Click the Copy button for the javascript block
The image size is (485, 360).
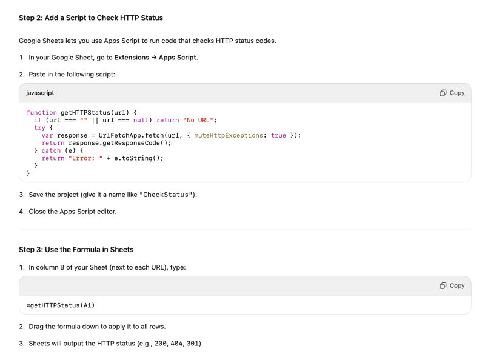pos(452,93)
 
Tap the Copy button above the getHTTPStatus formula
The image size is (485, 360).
pos(452,285)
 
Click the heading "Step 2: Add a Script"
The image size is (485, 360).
pos(91,18)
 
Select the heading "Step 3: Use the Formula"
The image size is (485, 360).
pos(76,249)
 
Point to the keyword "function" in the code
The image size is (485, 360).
pos(42,112)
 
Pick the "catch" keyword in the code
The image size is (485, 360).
pos(52,150)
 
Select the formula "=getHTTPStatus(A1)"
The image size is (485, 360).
pos(61,304)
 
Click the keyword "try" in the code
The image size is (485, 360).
pos(39,128)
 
